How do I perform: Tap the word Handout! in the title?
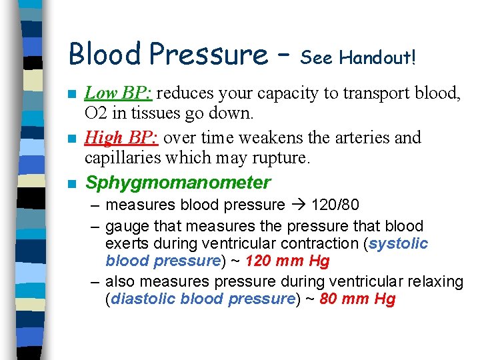pos(378,58)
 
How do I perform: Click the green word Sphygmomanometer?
pos(178,183)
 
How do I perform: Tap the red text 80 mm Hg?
pos(358,299)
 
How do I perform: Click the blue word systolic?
pos(399,243)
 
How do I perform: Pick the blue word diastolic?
pos(143,299)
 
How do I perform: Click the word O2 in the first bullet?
pos(98,113)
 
